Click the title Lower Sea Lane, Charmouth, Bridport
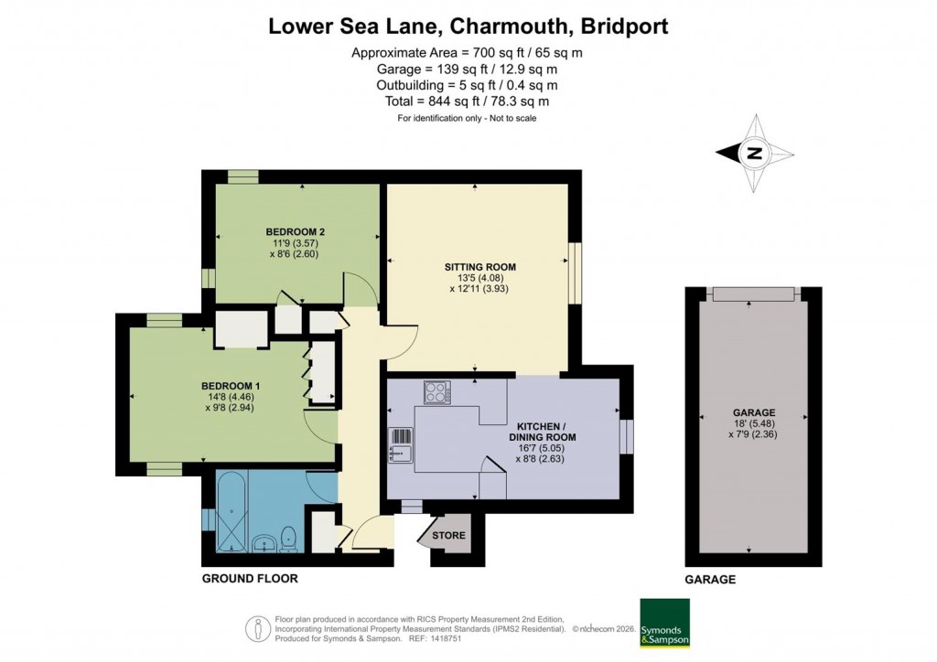(x=468, y=26)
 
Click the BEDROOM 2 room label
(x=296, y=231)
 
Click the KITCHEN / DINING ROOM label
(x=546, y=432)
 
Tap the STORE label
(x=449, y=536)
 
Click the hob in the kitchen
(x=437, y=393)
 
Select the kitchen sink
(x=401, y=443)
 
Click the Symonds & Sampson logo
(x=663, y=623)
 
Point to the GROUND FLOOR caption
(x=249, y=579)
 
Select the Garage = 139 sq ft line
(x=468, y=69)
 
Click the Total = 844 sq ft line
(x=468, y=101)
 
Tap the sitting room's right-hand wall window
(x=575, y=272)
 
